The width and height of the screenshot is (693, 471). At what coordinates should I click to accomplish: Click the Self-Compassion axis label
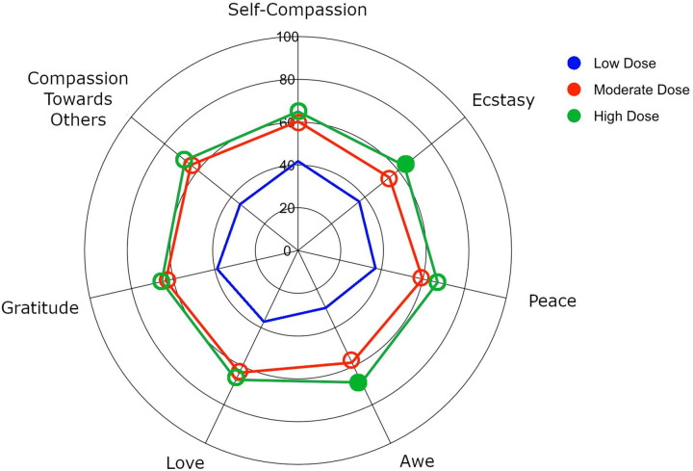tap(297, 11)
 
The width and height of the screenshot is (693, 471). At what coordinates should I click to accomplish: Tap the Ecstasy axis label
tap(503, 99)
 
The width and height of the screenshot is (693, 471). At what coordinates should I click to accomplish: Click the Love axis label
tap(184, 462)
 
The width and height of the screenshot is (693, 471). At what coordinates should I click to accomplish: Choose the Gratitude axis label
tap(38, 308)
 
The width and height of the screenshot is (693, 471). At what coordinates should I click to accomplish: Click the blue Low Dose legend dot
tap(575, 64)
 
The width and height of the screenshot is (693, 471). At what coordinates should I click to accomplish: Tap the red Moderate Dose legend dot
tap(575, 90)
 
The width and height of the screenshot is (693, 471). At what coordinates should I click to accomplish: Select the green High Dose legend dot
tap(575, 116)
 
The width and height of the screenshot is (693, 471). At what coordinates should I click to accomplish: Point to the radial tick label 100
tap(287, 38)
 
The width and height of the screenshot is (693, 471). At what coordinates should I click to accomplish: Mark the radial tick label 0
tap(286, 251)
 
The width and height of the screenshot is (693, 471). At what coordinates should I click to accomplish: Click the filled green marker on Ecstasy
tap(406, 164)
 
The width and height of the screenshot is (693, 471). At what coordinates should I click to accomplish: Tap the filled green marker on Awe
tap(359, 382)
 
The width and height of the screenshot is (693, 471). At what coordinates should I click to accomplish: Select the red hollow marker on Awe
tap(351, 360)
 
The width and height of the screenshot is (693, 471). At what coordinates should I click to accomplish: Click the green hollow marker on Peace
tap(437, 282)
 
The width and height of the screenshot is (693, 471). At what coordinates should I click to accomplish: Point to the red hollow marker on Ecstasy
tap(389, 178)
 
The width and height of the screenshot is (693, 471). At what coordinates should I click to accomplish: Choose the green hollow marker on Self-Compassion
tap(298, 111)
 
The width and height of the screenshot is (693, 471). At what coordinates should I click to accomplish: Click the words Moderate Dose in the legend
tap(642, 90)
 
